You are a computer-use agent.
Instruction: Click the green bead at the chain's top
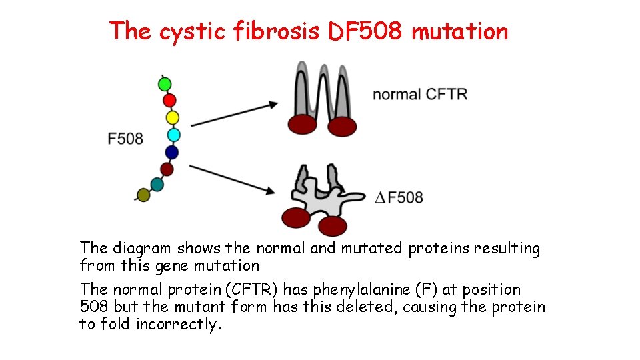(165, 85)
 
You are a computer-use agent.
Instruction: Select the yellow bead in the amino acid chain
(172, 118)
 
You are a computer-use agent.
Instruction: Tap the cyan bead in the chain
(173, 135)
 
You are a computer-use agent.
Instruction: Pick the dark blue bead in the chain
(172, 153)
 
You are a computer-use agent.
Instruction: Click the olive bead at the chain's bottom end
(143, 195)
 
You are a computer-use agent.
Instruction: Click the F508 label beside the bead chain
(125, 139)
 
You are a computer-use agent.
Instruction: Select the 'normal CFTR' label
(420, 95)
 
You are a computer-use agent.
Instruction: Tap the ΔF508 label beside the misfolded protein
(399, 197)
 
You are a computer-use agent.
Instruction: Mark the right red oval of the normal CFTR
(342, 126)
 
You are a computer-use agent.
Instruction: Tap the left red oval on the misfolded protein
(296, 217)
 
